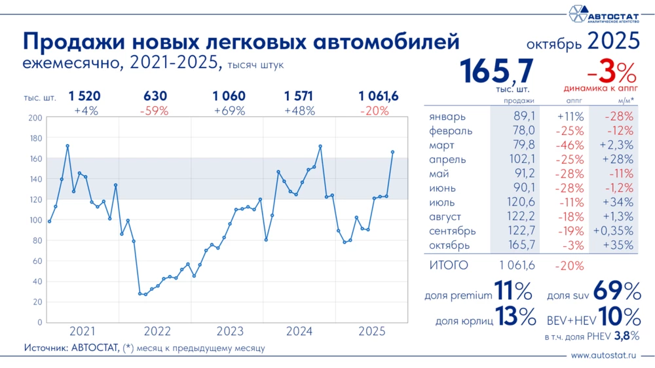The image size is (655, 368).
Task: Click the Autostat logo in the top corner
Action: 603,14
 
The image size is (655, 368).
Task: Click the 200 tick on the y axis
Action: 35,118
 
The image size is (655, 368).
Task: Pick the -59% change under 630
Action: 155,111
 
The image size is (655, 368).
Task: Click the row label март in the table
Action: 443,145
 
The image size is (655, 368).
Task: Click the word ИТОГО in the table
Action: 449,265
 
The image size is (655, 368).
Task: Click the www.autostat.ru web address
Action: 604,356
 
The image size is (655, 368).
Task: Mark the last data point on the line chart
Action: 392,152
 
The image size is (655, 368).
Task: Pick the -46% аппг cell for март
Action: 570,145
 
